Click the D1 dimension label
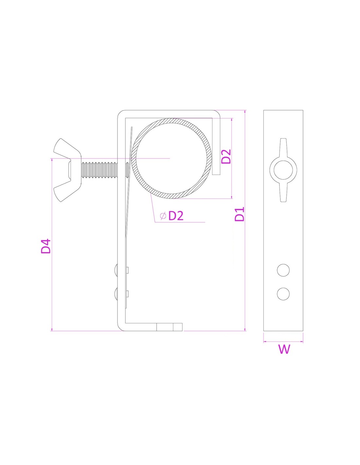coord(240,214)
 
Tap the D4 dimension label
coord(46,246)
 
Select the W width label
coord(284,349)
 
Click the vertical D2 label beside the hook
coord(226,156)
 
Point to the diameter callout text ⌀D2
coord(172,216)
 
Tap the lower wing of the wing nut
coord(63,193)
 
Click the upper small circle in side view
coord(283,270)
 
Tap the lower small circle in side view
coord(283,294)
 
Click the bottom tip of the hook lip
coord(216,174)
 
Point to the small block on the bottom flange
coord(170,327)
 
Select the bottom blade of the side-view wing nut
coord(283,195)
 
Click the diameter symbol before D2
coord(163,216)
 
